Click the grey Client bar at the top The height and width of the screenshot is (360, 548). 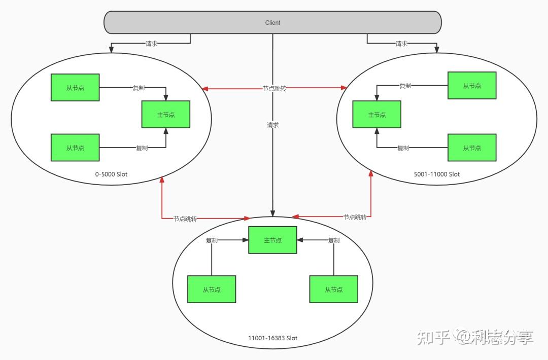[x=272, y=23]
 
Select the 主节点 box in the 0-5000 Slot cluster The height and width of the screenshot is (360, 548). [x=166, y=115]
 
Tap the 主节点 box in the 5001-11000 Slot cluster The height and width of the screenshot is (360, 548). [x=377, y=115]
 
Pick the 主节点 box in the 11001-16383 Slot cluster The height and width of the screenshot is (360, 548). [x=272, y=240]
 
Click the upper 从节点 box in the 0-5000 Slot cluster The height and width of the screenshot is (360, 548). [x=75, y=88]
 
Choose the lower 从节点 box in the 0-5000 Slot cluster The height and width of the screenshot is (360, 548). [x=75, y=148]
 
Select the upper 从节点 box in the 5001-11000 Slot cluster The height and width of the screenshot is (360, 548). [x=472, y=86]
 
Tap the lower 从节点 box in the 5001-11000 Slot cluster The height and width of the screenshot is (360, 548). [x=472, y=148]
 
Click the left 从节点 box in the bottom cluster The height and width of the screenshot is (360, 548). [x=212, y=290]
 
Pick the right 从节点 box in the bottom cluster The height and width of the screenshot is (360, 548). [x=334, y=290]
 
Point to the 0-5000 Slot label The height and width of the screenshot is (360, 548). [x=111, y=174]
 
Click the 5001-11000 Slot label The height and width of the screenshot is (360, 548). [x=437, y=174]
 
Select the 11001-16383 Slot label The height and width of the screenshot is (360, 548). [x=272, y=338]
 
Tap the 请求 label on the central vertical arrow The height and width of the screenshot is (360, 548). [x=272, y=125]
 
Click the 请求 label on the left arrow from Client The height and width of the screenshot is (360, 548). [x=152, y=44]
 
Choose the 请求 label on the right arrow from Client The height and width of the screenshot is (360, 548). [x=401, y=44]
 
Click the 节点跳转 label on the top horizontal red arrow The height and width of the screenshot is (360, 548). [x=275, y=88]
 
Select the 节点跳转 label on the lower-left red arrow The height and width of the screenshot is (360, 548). [x=185, y=219]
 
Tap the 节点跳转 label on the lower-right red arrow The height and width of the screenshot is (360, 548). [x=355, y=217]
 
